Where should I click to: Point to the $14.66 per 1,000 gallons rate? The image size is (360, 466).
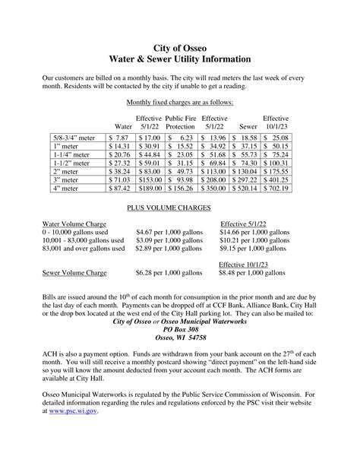(254, 232)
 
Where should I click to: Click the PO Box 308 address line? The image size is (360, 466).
(179, 329)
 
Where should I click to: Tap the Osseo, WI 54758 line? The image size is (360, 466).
(179, 338)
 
